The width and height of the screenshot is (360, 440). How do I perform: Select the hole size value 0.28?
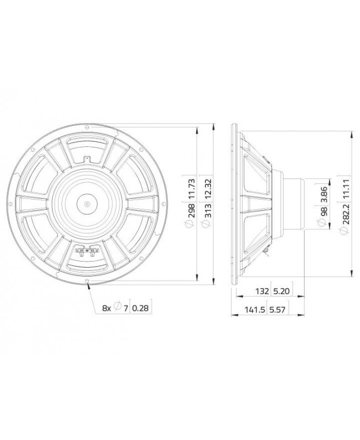tap(142, 309)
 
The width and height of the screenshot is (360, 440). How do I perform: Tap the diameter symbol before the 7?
tap(117, 309)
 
